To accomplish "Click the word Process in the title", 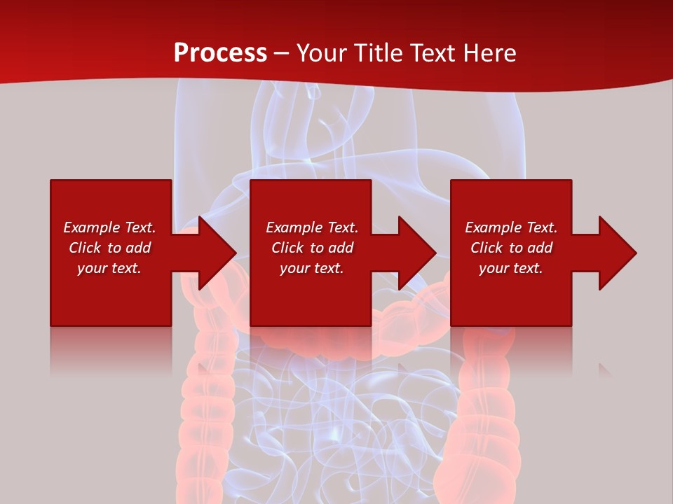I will [x=220, y=53].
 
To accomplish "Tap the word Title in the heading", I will [x=381, y=53].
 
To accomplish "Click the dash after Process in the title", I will [x=281, y=54].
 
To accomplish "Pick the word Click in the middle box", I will [x=287, y=248].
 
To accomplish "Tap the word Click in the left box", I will [x=85, y=248].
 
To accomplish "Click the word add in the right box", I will [x=541, y=248].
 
